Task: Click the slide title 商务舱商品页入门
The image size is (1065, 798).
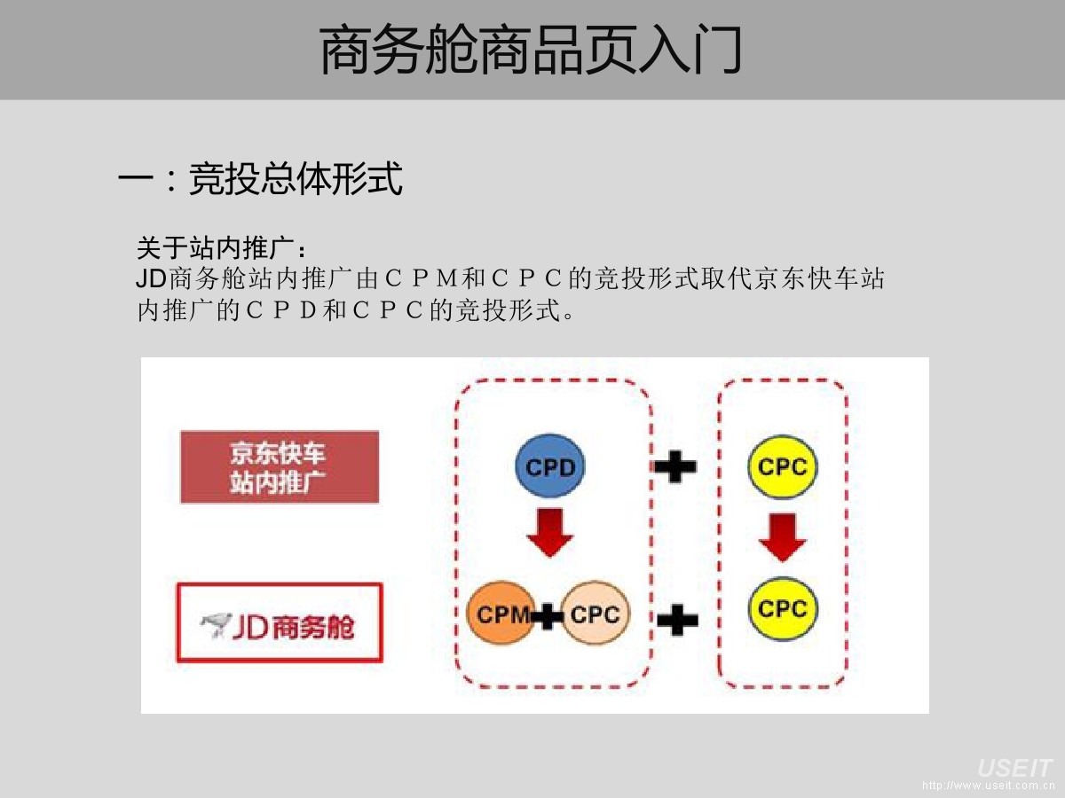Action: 531,51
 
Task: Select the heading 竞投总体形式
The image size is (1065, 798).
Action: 296,179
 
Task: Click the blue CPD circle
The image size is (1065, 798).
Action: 550,466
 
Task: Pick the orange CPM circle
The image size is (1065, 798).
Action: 501,614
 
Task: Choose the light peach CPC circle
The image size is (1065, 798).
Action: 596,614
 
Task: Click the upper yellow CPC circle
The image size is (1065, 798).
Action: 782,466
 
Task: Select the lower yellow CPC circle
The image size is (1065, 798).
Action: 782,609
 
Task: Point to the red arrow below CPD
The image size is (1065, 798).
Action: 550,533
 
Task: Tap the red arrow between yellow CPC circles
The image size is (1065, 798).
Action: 782,537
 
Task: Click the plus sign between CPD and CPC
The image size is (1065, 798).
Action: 675,466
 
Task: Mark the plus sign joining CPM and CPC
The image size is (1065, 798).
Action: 548,614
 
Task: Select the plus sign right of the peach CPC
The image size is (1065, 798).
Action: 677,619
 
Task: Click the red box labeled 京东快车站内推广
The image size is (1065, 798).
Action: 280,467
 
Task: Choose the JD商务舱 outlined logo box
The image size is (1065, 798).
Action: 280,622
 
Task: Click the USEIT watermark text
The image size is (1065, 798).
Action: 1014,768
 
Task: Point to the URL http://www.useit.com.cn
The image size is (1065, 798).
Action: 987,786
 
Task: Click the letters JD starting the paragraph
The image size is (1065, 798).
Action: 151,278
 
